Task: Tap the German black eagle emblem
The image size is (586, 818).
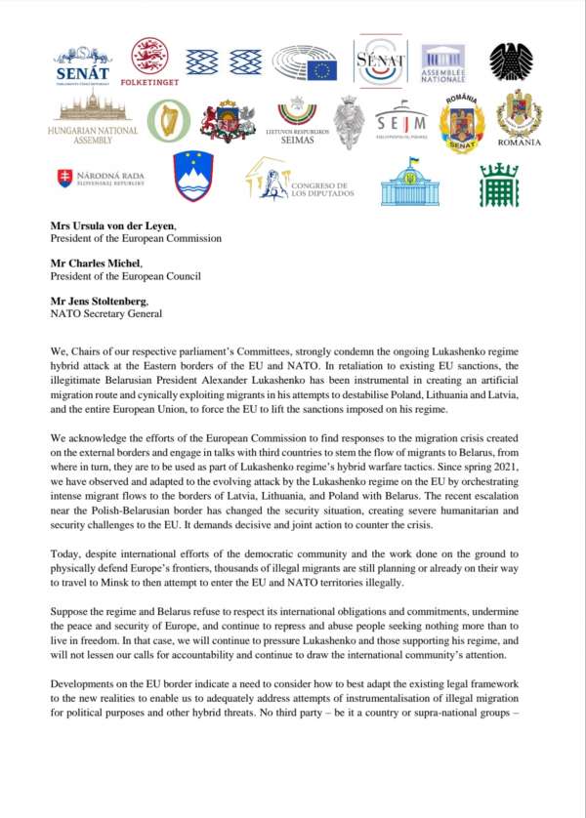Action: coord(511,61)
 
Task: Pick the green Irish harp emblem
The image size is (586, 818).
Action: coord(168,120)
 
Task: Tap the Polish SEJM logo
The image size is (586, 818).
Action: coord(400,121)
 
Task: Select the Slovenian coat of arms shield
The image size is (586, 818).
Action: coord(192,176)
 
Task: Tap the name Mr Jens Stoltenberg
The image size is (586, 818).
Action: coord(102,304)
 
